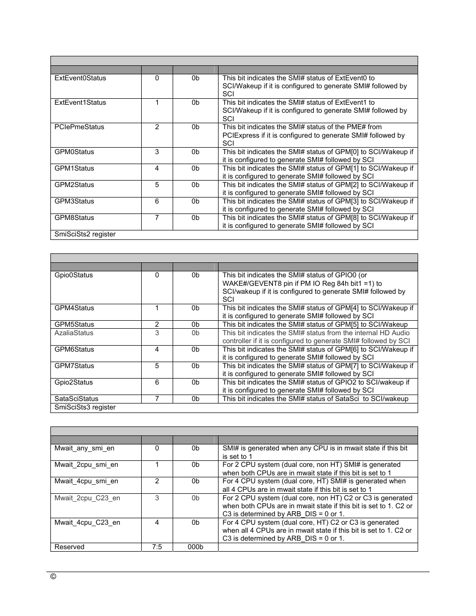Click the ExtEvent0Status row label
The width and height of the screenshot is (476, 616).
tap(80, 78)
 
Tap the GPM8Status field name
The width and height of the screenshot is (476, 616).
tap(74, 218)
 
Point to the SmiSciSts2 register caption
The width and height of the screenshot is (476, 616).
tap(85, 234)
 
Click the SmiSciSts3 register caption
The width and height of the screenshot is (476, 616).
tap(85, 408)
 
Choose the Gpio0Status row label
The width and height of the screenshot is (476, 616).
tap(74, 275)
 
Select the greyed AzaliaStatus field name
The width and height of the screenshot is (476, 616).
tap(74, 333)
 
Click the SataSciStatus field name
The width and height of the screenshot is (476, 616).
tap(76, 399)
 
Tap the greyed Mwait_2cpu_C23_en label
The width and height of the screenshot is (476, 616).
tap(87, 498)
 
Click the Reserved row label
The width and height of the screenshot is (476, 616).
tap(69, 547)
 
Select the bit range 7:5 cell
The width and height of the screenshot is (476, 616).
tap(157, 547)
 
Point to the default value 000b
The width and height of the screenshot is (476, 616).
tap(196, 547)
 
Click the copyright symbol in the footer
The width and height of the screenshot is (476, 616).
tap(53, 577)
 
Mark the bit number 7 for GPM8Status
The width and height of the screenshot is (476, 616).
tap(157, 218)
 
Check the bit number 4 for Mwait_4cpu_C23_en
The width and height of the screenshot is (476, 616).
tap(157, 523)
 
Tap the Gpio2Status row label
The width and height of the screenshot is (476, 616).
tap(74, 383)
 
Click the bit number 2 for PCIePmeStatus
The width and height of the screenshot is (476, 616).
tap(157, 127)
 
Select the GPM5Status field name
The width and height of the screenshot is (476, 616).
tap(74, 325)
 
